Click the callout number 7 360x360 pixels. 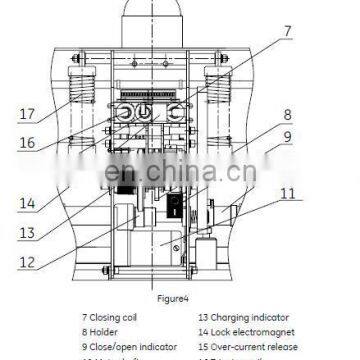coord(286,32)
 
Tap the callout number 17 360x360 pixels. coord(29,114)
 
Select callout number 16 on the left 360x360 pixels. coord(29,143)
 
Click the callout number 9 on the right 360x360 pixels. coord(286,138)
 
